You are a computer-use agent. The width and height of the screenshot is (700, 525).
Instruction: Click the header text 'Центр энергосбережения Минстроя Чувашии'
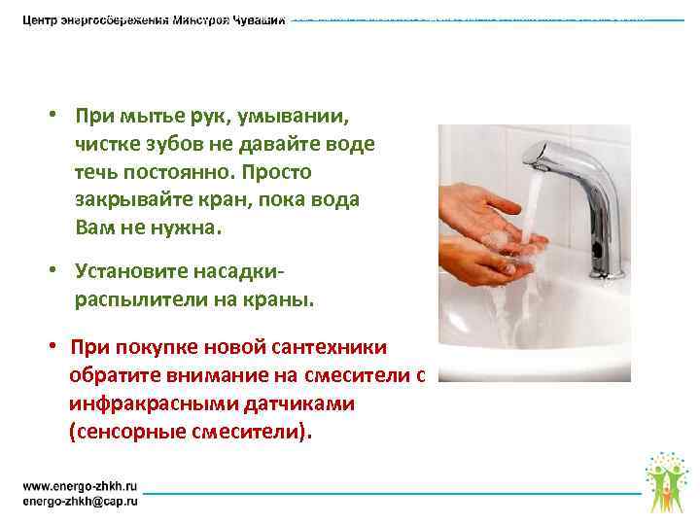154,20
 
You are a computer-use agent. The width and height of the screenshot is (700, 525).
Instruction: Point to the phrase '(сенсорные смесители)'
192,431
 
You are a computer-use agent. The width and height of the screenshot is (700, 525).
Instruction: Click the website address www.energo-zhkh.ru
81,483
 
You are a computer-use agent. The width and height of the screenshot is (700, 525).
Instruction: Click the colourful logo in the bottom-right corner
665,480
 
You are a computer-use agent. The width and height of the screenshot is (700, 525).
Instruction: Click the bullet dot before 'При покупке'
56,347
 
